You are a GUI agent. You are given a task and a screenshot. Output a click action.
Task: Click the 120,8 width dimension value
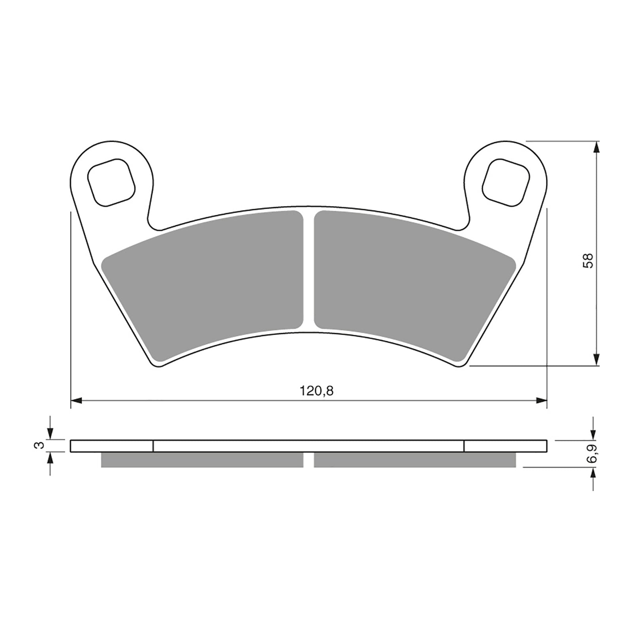[316, 391]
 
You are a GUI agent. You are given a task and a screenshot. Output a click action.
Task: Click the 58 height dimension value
[588, 261]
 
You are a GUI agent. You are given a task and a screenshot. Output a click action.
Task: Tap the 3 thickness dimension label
[38, 446]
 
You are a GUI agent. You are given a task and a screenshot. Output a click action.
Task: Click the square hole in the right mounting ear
[506, 182]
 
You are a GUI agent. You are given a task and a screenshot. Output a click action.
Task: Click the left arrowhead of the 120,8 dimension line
[76, 401]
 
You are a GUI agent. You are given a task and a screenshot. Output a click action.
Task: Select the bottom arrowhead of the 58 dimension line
[597, 360]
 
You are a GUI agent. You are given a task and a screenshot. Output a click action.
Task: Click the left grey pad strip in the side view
[202, 460]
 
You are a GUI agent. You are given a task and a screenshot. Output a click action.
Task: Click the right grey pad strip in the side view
[415, 460]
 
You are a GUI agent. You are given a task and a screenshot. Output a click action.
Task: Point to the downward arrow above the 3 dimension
[50, 434]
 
